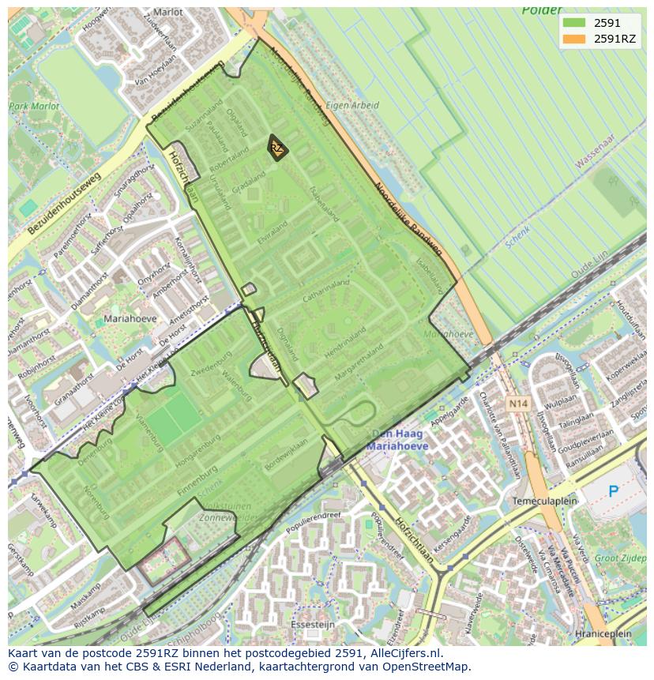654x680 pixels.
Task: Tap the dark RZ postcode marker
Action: click(276, 148)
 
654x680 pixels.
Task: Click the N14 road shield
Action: click(517, 404)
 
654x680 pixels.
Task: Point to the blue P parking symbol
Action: click(614, 492)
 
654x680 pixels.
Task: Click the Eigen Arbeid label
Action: click(352, 105)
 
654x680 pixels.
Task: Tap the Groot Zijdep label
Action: click(620, 558)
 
